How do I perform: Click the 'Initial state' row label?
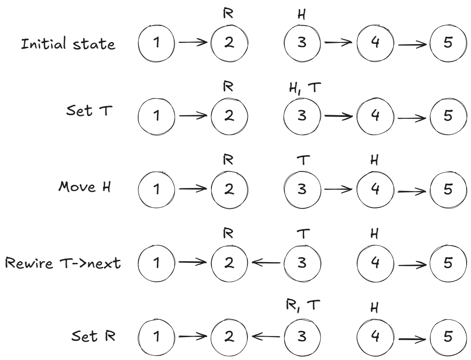(x=68, y=44)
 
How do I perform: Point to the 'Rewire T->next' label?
(x=63, y=263)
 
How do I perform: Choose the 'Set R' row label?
(x=93, y=336)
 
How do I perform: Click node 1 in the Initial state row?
(x=156, y=43)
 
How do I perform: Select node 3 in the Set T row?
(x=302, y=117)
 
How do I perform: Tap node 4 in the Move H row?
(x=375, y=190)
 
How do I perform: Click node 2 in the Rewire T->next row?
(x=229, y=263)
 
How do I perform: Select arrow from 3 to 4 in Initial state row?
(x=338, y=43)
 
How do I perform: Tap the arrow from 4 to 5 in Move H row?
(x=412, y=190)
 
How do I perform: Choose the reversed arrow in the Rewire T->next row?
(x=266, y=263)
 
